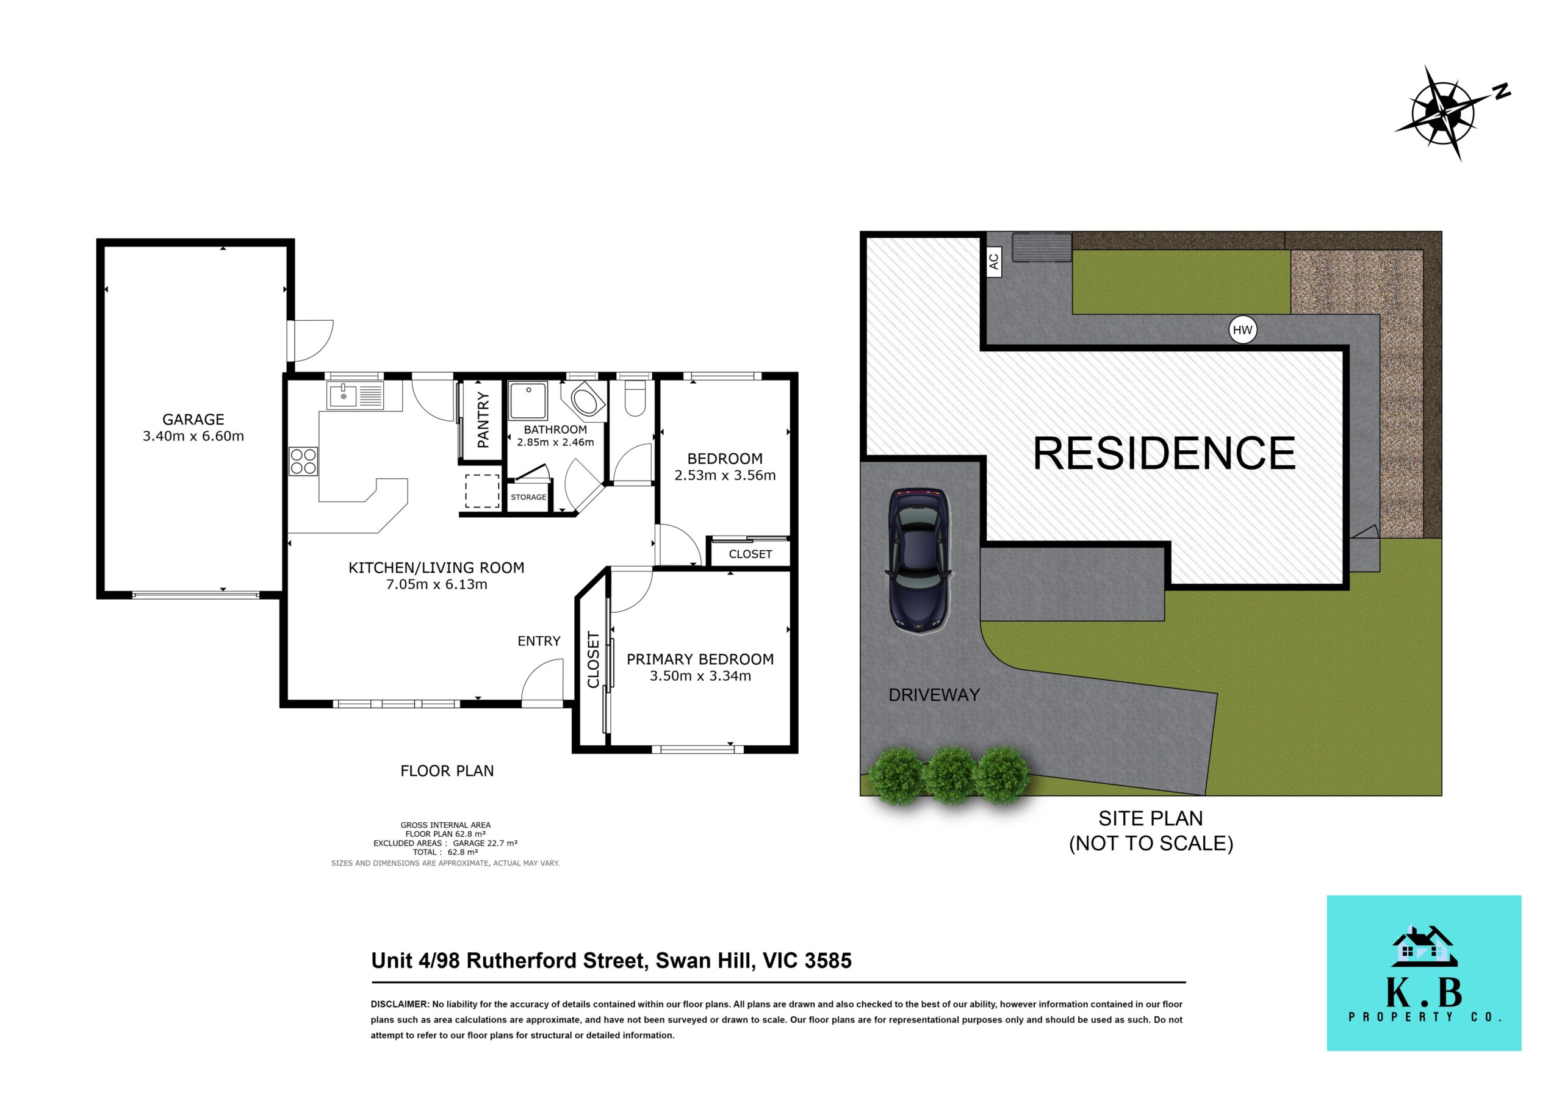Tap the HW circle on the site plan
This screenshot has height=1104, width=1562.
coord(1242,330)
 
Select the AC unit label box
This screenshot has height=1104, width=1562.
coord(993,261)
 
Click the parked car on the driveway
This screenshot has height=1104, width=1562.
coord(918,561)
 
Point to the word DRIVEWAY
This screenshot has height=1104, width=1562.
coord(934,695)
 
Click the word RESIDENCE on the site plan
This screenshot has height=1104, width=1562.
coord(1164,453)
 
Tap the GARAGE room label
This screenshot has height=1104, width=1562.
coord(193,420)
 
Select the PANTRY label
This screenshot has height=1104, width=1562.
coord(483,420)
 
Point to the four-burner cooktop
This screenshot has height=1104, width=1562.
coord(303,461)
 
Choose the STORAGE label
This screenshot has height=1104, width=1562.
coord(528,497)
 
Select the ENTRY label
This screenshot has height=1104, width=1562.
coord(539,641)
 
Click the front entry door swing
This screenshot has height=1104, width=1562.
coord(543,680)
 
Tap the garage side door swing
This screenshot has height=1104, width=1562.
coord(310,341)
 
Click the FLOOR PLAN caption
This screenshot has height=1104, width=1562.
coord(447,771)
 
